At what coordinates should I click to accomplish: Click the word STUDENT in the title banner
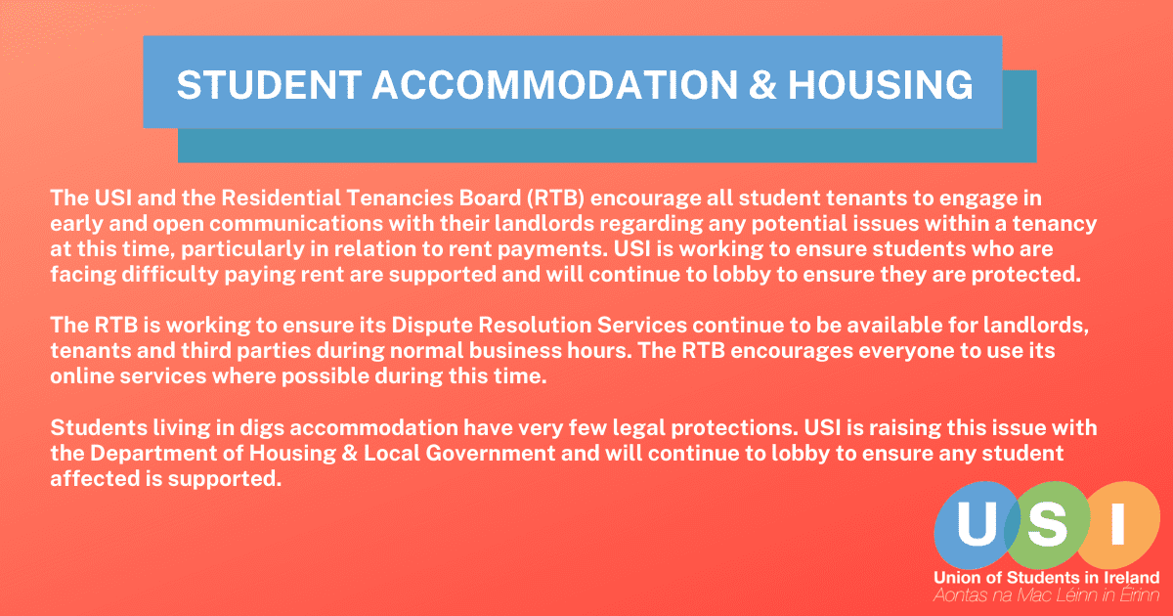pyautogui.click(x=269, y=85)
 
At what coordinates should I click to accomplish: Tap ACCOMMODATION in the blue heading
pyautogui.click(x=555, y=85)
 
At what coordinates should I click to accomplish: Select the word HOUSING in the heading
pyautogui.click(x=881, y=85)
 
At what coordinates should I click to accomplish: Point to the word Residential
pyautogui.click(x=282, y=198)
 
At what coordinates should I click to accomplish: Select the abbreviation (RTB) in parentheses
pyautogui.click(x=556, y=198)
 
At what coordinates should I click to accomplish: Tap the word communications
pyautogui.click(x=296, y=224)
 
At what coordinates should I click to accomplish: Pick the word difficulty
pyautogui.click(x=170, y=275)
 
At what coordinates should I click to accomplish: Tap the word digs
pyautogui.click(x=262, y=428)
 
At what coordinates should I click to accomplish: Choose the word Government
pyautogui.click(x=490, y=453)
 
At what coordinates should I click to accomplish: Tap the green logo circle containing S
pyautogui.click(x=1047, y=525)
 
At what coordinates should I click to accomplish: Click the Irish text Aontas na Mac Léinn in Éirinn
pyautogui.click(x=1046, y=595)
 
